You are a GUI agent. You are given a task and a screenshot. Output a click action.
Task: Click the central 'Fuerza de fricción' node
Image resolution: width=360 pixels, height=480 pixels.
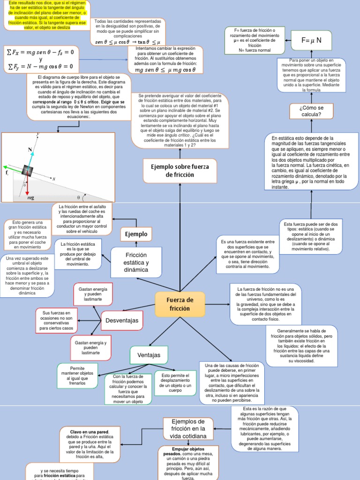point(180,304)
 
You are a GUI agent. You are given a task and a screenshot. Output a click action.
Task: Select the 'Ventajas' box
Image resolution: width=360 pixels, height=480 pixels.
point(148,355)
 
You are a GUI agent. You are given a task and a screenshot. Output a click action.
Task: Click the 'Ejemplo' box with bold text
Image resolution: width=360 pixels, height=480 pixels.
point(136,234)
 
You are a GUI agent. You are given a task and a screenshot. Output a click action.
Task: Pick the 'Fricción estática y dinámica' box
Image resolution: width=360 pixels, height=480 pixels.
point(136,262)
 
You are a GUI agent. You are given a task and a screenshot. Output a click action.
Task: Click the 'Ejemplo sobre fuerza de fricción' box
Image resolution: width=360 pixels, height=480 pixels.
point(180,171)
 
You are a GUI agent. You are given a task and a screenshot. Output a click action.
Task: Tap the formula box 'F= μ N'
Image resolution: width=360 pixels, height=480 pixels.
point(311,41)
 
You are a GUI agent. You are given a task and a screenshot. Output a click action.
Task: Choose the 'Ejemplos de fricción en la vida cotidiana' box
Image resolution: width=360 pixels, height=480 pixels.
point(187,429)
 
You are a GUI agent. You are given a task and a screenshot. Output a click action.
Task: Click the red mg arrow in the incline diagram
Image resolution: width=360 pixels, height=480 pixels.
point(27,187)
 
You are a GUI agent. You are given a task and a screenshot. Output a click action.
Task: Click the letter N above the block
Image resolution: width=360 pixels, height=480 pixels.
point(30,150)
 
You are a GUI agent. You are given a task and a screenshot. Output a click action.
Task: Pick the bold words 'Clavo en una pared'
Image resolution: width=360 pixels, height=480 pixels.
point(90,431)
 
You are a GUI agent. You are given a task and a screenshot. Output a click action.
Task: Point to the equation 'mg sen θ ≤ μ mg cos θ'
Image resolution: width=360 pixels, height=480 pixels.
point(165,70)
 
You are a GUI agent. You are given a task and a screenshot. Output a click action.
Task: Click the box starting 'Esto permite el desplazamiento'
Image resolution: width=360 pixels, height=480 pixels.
point(175,383)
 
